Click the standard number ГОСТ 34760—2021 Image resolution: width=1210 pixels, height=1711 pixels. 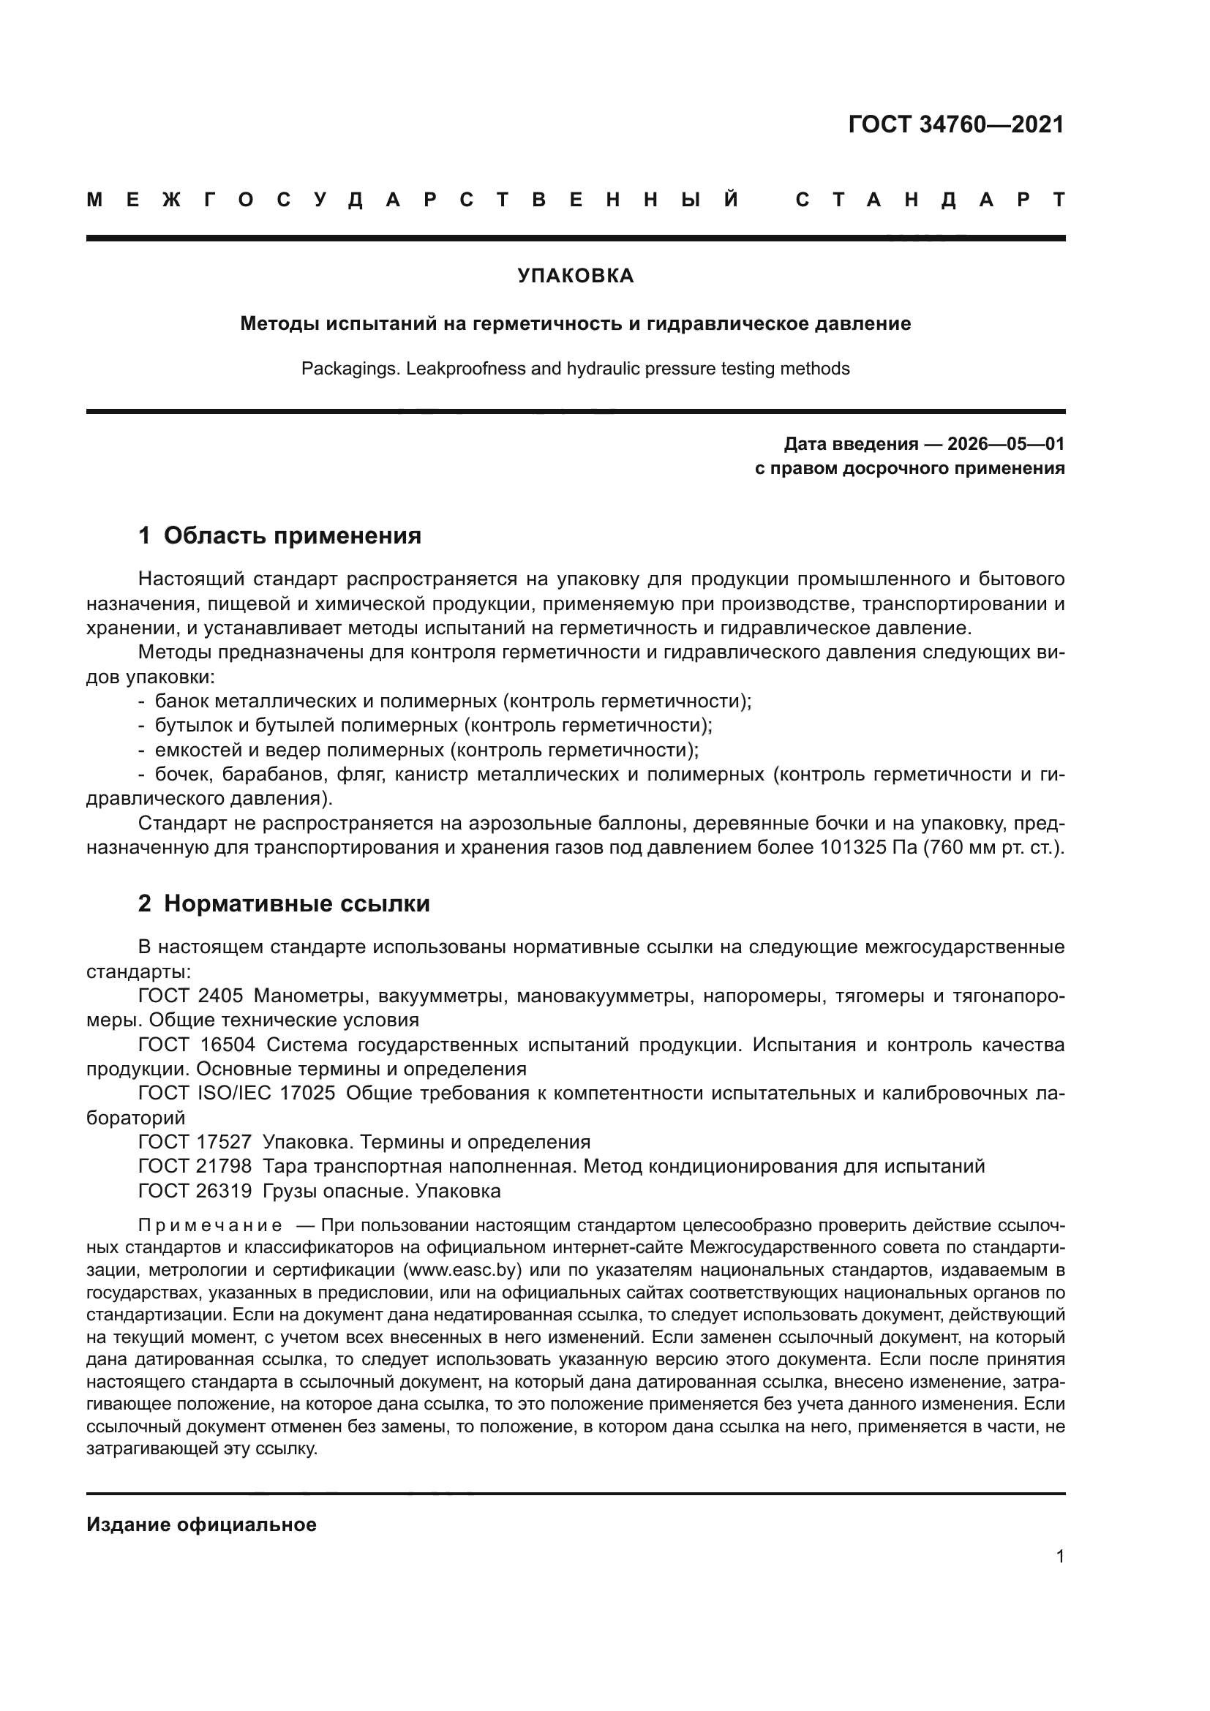956,124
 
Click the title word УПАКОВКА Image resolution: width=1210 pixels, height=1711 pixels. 575,276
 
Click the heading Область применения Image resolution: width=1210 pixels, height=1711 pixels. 292,535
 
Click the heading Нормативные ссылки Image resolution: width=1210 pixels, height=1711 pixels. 296,903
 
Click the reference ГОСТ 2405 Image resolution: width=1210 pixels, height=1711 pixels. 191,996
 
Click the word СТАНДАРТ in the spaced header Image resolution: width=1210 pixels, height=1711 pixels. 930,200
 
